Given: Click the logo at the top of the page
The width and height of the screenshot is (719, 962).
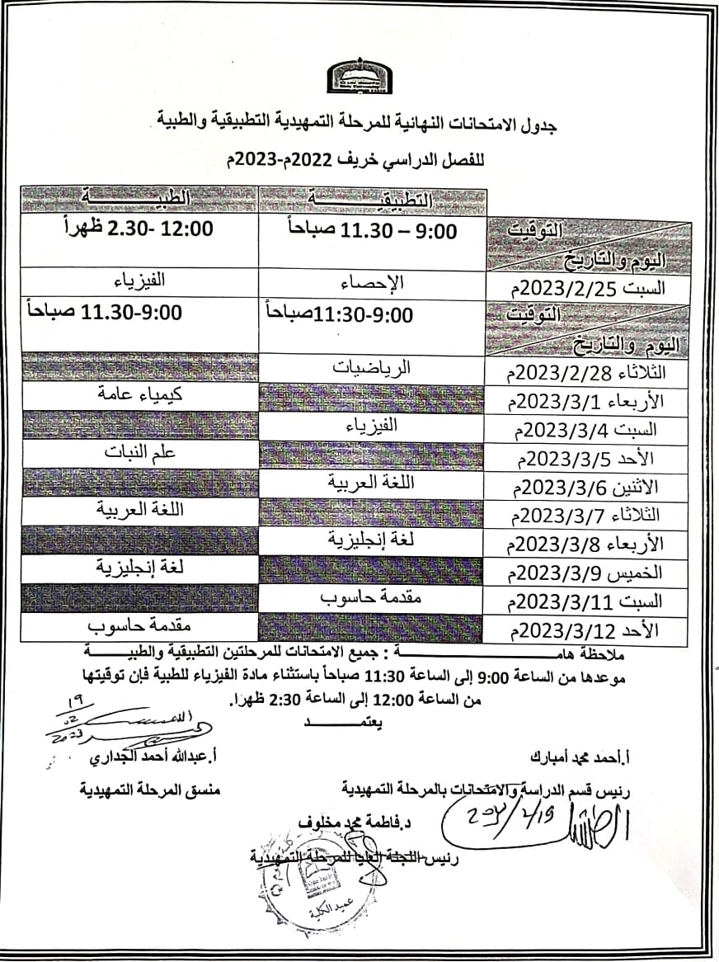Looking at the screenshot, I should coord(359,75).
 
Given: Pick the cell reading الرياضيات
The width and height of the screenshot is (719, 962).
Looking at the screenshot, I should coord(373,369).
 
